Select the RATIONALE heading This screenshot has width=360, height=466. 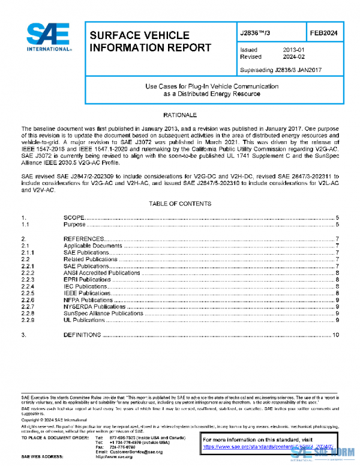click(179, 114)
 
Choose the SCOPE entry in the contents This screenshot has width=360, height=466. click(74, 217)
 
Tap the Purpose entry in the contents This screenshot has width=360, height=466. click(75, 225)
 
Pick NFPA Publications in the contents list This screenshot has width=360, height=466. click(88, 300)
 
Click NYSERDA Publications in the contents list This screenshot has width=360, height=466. click(93, 306)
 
